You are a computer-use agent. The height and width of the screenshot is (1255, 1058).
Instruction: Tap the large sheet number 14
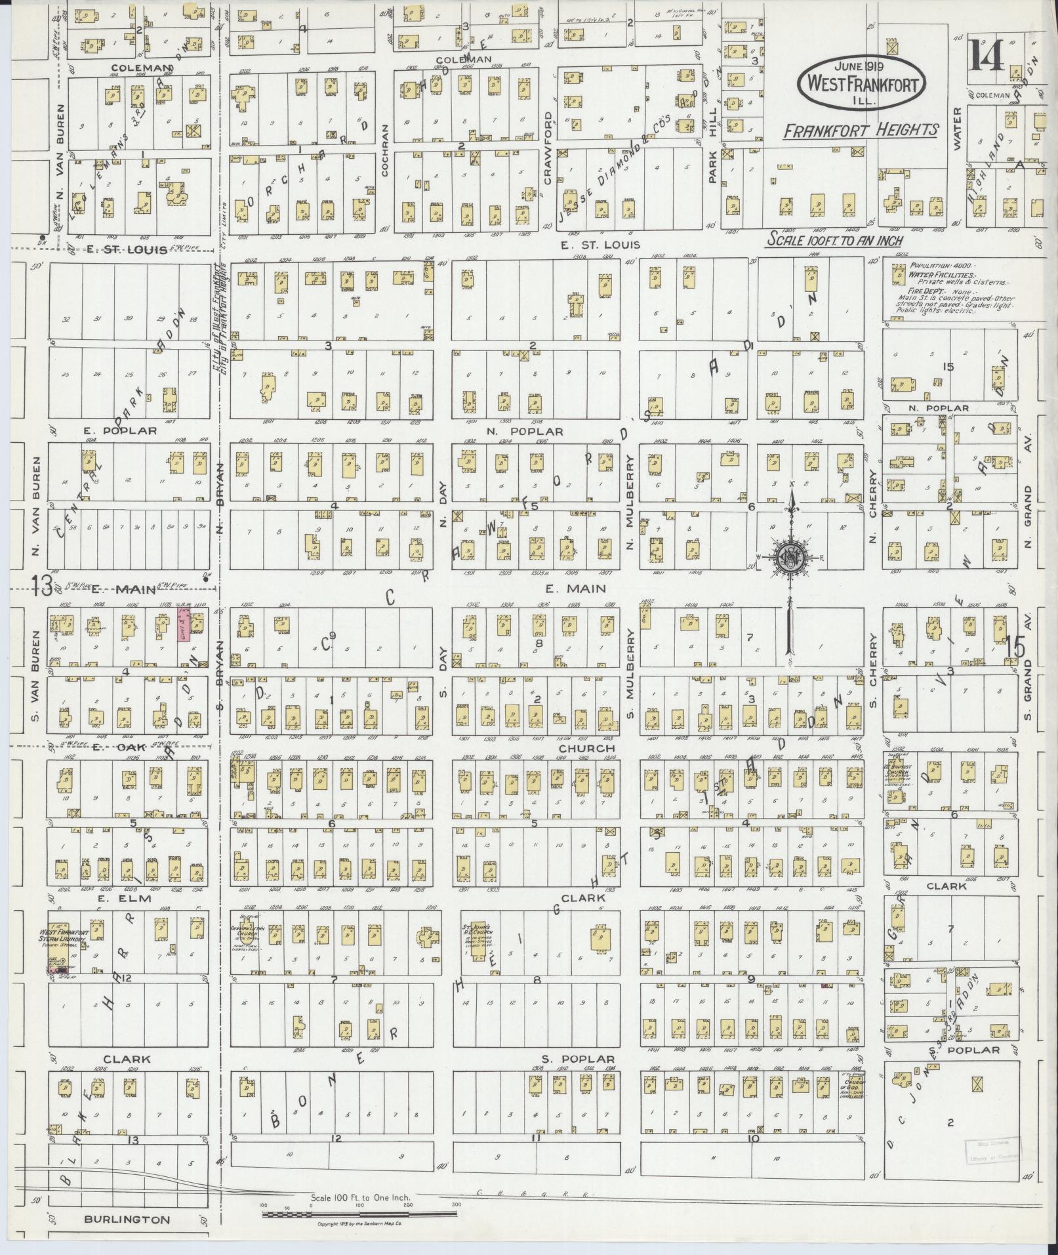pyautogui.click(x=985, y=55)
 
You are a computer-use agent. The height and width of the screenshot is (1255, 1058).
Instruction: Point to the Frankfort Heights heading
pyautogui.click(x=861, y=131)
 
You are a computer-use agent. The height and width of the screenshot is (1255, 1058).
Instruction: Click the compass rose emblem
pyautogui.click(x=792, y=558)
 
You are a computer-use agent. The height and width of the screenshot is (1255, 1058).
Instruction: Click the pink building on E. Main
pyautogui.click(x=184, y=623)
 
